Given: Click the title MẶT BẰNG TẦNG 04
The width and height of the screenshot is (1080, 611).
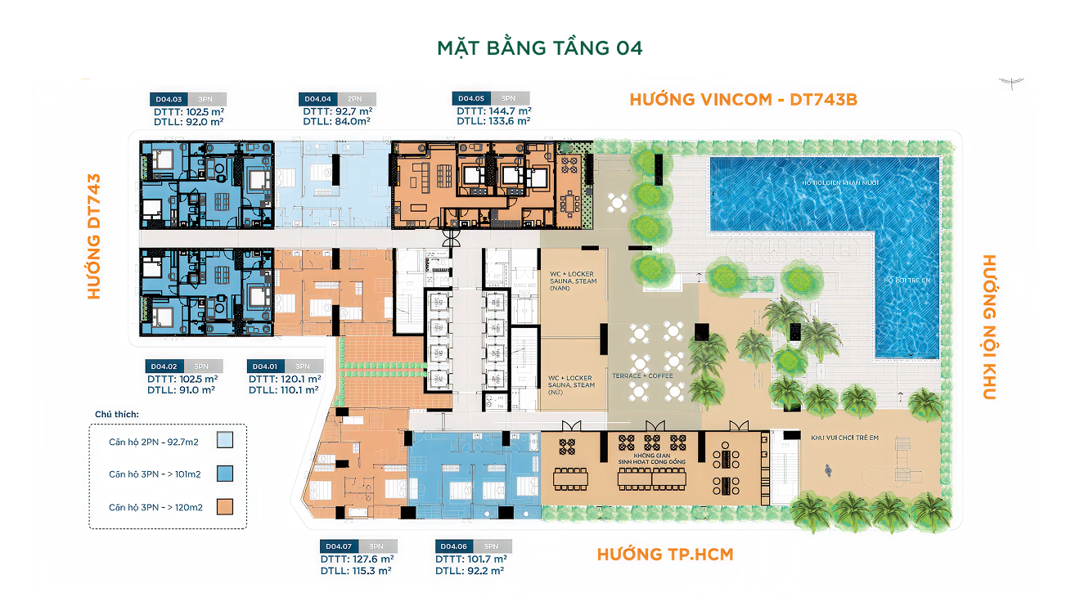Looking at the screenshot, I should click(x=540, y=47).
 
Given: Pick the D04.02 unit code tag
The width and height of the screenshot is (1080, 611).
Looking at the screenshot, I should click(x=164, y=366).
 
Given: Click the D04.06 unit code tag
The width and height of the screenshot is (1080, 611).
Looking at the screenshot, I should click(x=454, y=546).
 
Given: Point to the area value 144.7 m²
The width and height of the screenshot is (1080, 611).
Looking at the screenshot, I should click(x=509, y=110).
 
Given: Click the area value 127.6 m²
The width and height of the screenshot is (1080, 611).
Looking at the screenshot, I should click(x=369, y=559).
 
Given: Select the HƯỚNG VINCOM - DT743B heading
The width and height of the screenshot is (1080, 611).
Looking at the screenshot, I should click(x=743, y=99).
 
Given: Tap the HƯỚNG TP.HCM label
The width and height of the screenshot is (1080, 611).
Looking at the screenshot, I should click(x=664, y=555).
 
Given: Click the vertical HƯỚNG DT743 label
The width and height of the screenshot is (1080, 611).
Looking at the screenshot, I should click(x=95, y=236).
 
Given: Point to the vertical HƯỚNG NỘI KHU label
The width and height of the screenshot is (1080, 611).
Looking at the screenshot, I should click(x=988, y=327).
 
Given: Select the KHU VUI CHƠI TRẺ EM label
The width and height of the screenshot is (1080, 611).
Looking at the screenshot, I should click(x=844, y=438).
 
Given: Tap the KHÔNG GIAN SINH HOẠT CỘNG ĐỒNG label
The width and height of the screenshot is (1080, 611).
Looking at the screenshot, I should click(x=651, y=458).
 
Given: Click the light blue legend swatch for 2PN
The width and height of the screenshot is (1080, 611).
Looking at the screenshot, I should click(x=225, y=441).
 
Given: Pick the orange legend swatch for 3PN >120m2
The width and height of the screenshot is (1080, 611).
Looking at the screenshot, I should click(x=225, y=507).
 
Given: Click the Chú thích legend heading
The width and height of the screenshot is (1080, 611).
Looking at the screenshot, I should click(x=116, y=415).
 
